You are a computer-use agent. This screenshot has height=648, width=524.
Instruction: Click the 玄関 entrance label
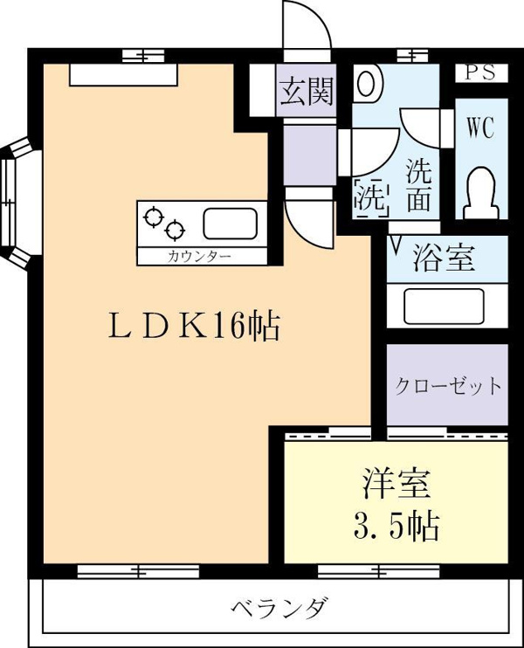[307, 92]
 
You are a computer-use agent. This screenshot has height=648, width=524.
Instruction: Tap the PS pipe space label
[481, 73]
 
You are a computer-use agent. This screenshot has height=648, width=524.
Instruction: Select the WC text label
[481, 128]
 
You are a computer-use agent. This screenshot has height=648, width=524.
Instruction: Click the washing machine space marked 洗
[372, 197]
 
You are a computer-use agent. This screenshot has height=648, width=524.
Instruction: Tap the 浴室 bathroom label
[444, 258]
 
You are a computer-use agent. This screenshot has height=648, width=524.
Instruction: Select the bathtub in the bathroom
[444, 307]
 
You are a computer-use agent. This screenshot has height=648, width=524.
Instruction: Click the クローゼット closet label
[448, 386]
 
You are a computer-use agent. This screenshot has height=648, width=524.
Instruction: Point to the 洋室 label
[396, 483]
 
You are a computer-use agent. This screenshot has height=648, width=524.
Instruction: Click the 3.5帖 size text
[396, 526]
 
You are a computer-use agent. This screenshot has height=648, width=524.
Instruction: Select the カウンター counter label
[199, 257]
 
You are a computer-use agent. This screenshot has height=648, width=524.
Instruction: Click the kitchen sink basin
[231, 224]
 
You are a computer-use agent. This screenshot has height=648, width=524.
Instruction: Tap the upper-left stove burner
[154, 216]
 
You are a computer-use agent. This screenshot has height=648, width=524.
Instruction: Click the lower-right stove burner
[175, 230]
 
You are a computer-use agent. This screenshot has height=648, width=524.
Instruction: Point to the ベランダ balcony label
[280, 608]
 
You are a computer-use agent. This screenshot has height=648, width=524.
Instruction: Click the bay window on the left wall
[17, 202]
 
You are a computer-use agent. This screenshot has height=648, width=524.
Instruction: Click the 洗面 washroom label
[418, 185]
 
